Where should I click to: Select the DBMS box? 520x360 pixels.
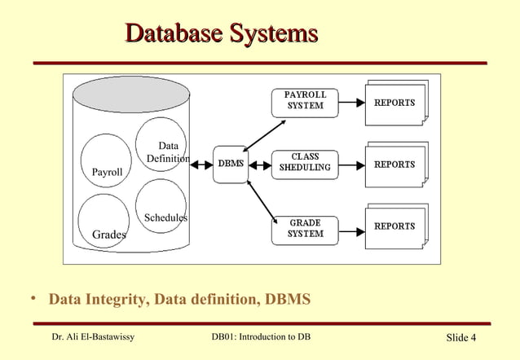pyautogui.click(x=231, y=165)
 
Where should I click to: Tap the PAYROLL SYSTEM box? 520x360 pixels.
pyautogui.click(x=304, y=102)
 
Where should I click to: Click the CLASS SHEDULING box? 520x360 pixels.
pyautogui.click(x=304, y=162)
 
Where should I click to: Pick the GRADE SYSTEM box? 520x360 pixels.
pyautogui.click(x=304, y=229)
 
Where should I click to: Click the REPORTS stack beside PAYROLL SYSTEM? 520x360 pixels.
pyautogui.click(x=396, y=103)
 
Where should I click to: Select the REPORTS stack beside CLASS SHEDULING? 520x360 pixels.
pyautogui.click(x=396, y=164)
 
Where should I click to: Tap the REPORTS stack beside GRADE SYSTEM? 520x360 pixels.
pyautogui.click(x=396, y=226)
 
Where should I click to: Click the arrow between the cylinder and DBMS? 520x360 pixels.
pyautogui.click(x=201, y=165)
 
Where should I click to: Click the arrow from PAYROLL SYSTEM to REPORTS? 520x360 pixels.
pyautogui.click(x=351, y=103)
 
